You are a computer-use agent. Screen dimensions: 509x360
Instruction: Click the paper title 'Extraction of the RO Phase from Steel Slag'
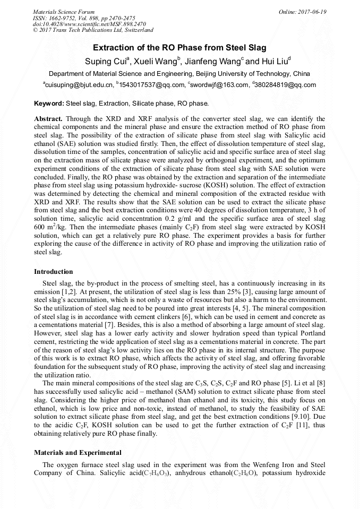coord(179,48)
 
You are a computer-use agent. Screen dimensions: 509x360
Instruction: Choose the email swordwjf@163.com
coord(220,85)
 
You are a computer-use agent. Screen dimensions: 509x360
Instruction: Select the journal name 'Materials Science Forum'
coord(64,12)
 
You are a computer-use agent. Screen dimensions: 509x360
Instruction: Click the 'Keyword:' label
coord(49,103)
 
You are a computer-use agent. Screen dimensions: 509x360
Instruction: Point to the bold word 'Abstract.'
coord(48,118)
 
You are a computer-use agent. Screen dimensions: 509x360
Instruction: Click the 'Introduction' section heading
coord(53,272)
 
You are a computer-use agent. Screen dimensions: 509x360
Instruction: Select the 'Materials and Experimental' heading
coord(78,453)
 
